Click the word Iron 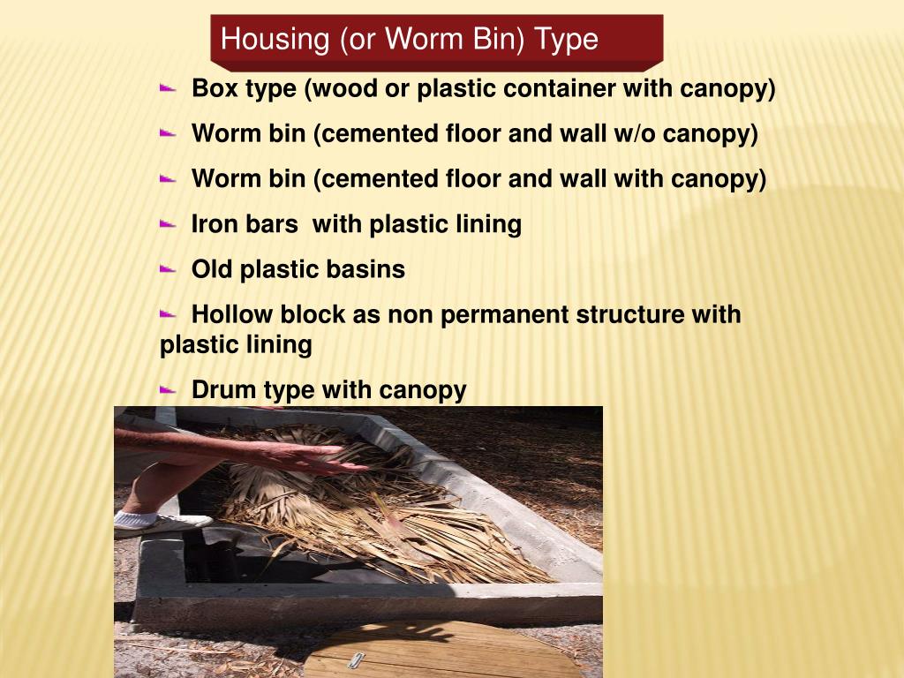click(214, 224)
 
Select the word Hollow click(232, 314)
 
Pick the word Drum click(223, 389)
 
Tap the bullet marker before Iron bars click(168, 223)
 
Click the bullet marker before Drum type click(168, 388)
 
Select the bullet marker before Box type click(168, 88)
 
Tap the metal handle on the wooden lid click(357, 659)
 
